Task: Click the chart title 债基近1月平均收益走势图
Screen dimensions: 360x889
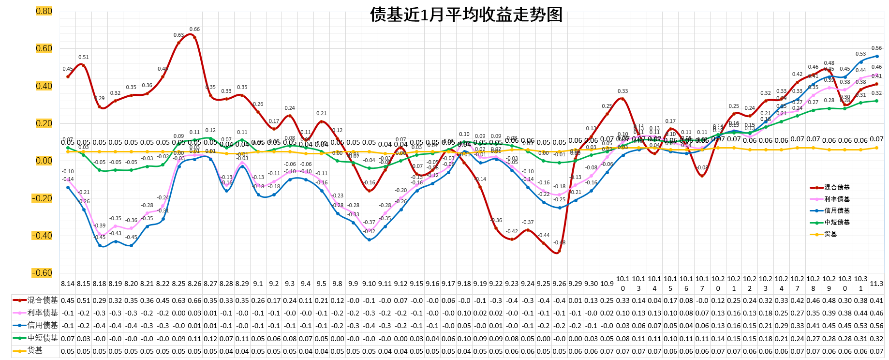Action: click(x=466, y=15)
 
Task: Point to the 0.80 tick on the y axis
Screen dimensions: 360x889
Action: click(x=44, y=11)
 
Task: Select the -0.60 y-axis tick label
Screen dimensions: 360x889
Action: click(x=43, y=273)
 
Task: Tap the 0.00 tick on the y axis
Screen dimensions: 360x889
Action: click(x=44, y=161)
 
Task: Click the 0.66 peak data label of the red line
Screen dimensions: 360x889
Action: click(x=194, y=30)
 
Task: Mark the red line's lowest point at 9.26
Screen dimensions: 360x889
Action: click(x=559, y=252)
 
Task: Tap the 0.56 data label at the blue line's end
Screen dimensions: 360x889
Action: click(x=876, y=48)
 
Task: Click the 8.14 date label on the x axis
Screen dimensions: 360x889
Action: click(x=68, y=284)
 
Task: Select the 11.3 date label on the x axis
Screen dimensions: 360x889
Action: click(x=876, y=284)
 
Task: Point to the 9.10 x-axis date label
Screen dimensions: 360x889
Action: click(x=369, y=284)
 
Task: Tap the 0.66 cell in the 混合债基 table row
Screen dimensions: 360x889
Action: click(x=194, y=300)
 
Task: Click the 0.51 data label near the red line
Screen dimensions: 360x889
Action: click(x=84, y=58)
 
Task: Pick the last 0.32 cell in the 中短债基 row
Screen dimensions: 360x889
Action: click(x=876, y=338)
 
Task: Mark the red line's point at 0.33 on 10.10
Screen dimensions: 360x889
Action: click(x=622, y=99)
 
